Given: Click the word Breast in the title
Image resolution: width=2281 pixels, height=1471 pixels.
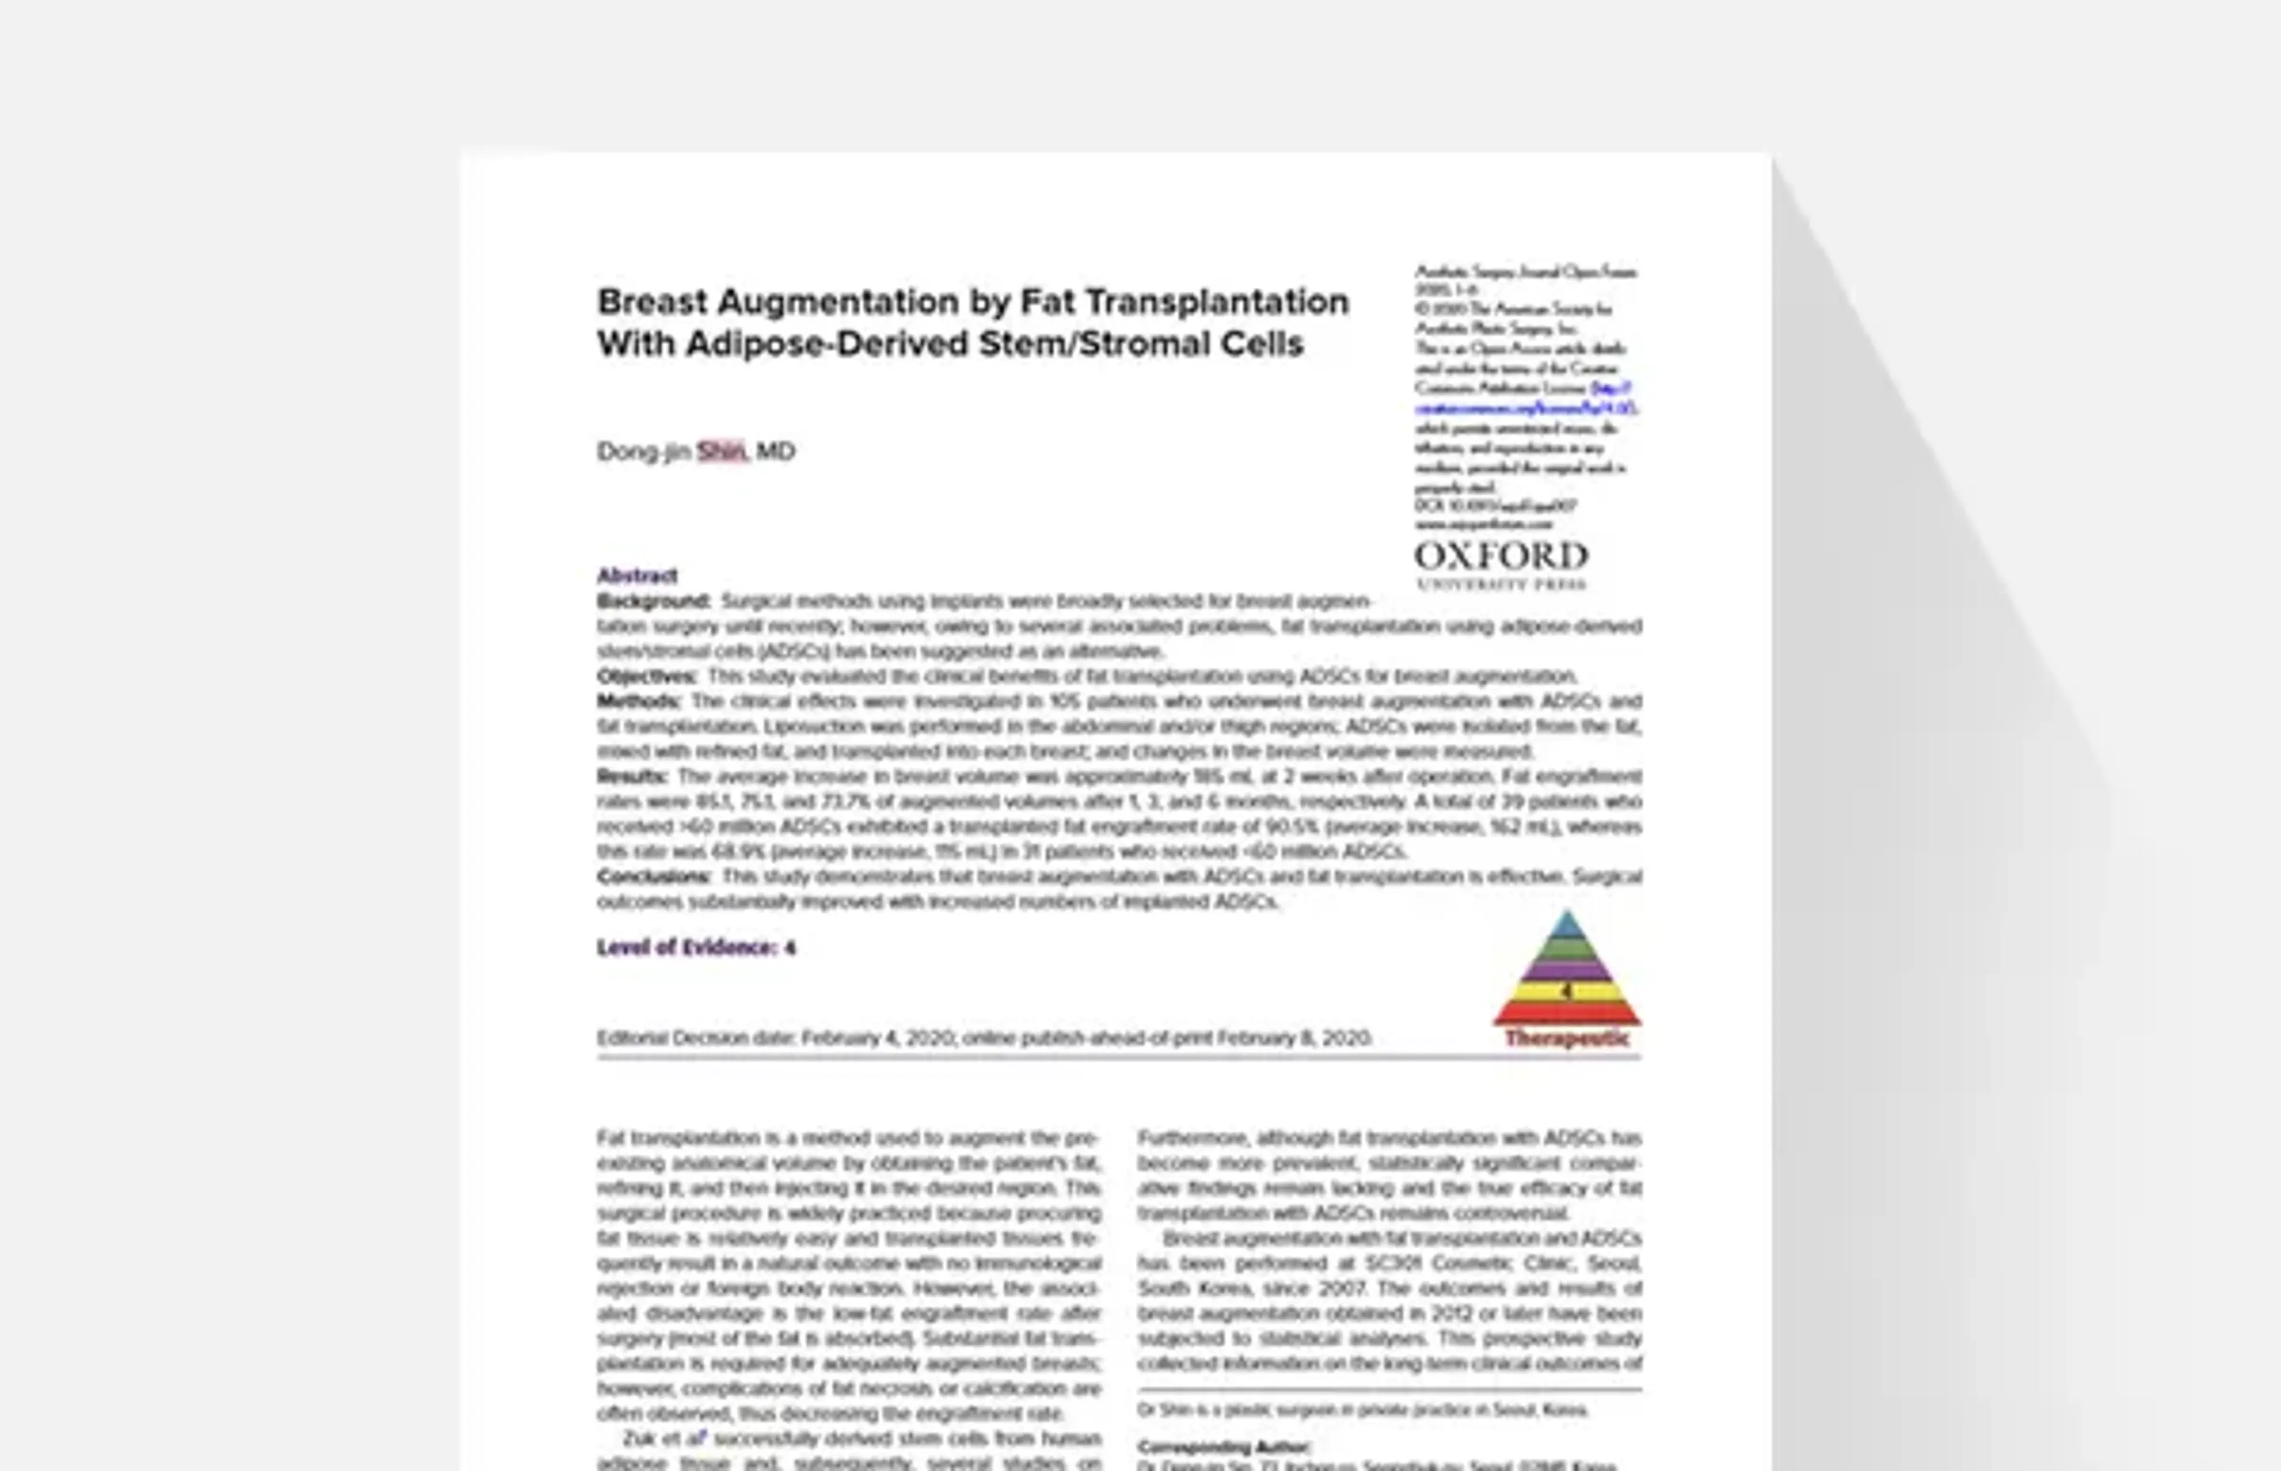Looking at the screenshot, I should tap(652, 302).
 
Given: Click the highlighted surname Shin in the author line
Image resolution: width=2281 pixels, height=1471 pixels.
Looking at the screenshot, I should tap(721, 451).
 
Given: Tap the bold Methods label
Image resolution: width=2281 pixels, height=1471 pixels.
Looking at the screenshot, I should tap(638, 701).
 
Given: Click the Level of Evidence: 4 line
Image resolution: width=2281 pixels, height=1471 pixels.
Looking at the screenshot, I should tap(696, 948).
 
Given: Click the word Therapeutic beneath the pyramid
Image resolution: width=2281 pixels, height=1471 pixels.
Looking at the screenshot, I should tap(1566, 1038).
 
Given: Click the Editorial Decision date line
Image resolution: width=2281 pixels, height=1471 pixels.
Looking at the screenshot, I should tap(984, 1038).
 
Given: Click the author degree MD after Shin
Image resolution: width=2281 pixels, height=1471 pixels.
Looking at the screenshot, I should tap(776, 451).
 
